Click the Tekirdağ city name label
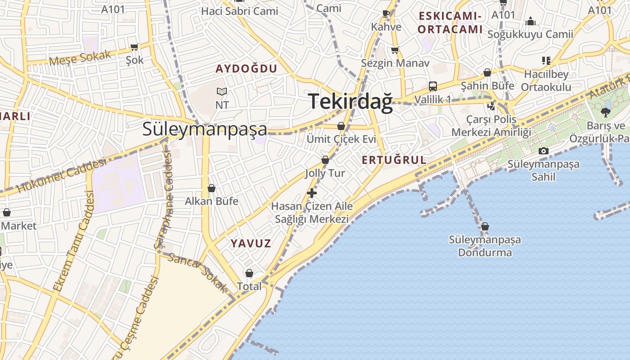pyautogui.click(x=351, y=101)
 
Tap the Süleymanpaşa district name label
pyautogui.click(x=205, y=129)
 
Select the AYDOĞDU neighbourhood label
pyautogui.click(x=246, y=69)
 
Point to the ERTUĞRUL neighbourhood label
pyautogui.click(x=394, y=160)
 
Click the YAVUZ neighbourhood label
pyautogui.click(x=251, y=244)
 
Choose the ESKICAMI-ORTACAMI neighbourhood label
pyautogui.click(x=450, y=23)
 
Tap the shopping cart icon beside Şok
pyautogui.click(x=134, y=47)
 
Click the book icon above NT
pyautogui.click(x=222, y=91)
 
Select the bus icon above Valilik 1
pyautogui.click(x=433, y=86)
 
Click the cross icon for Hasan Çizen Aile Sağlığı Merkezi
pyautogui.click(x=311, y=193)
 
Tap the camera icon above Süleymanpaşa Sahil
pyautogui.click(x=544, y=151)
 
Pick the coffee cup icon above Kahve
pyautogui.click(x=386, y=13)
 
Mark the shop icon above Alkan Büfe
pyautogui.click(x=211, y=188)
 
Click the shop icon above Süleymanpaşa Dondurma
pyautogui.click(x=485, y=226)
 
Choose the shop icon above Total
pyautogui.click(x=249, y=273)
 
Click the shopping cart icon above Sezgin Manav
pyautogui.click(x=395, y=50)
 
